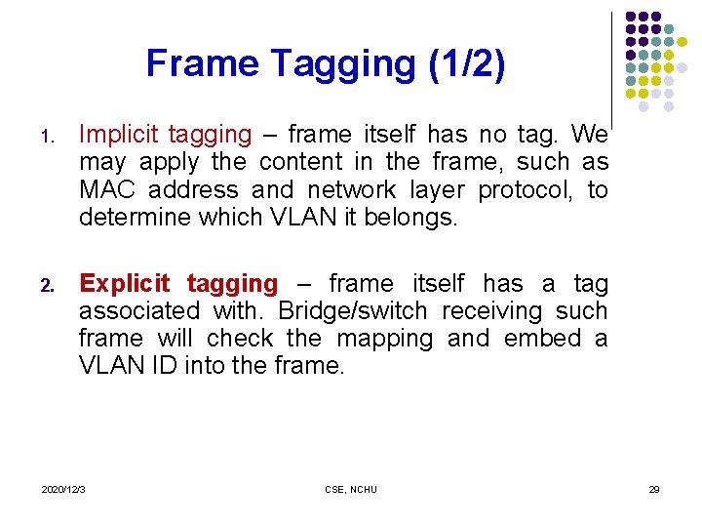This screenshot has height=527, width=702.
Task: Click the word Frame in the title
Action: (x=202, y=64)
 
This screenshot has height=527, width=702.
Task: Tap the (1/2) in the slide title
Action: (x=467, y=64)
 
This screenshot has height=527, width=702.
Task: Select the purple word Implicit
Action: (x=119, y=134)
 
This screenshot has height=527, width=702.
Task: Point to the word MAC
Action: (x=104, y=189)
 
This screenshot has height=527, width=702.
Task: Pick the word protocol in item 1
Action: (x=532, y=189)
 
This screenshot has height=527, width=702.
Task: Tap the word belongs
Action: (x=409, y=217)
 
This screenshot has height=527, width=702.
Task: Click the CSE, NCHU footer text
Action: (x=351, y=489)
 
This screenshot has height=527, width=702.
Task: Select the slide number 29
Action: (x=654, y=489)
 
